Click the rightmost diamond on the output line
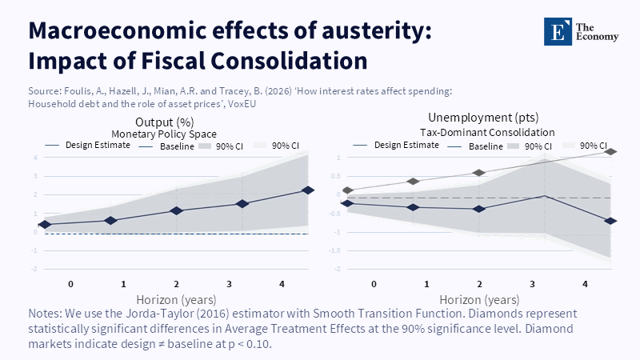click(308, 190)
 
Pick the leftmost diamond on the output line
click(45, 225)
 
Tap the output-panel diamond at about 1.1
click(177, 211)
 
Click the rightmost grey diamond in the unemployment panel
click(611, 151)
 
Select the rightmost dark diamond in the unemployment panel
click(611, 221)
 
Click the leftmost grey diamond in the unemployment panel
click(348, 190)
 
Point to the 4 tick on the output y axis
click(35, 157)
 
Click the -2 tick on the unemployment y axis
click(338, 269)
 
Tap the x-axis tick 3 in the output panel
click(229, 285)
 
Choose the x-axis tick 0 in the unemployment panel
click(374, 285)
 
